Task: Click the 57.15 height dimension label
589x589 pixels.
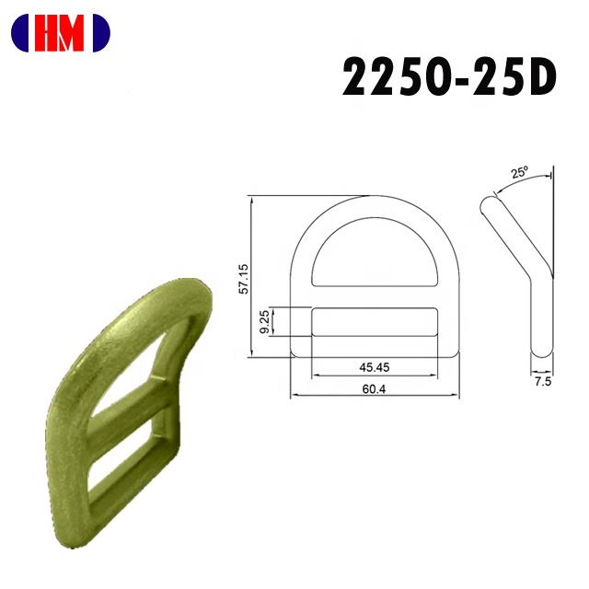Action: point(244,279)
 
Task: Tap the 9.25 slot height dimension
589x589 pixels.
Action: point(264,321)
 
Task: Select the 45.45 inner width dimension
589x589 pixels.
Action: point(375,367)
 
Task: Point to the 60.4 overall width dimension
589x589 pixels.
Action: point(375,389)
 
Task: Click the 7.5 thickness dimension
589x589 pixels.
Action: point(543,382)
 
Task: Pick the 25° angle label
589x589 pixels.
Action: point(519,172)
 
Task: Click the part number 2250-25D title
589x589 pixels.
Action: point(449,77)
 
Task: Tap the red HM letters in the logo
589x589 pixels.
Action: point(59,33)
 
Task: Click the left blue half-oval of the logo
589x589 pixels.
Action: point(20,33)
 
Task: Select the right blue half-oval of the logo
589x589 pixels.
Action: point(101,33)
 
